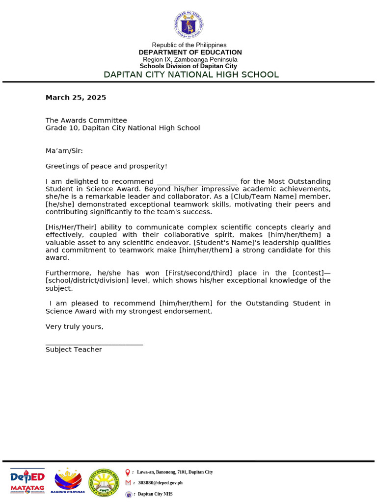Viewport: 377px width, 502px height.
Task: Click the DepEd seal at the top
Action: point(188,25)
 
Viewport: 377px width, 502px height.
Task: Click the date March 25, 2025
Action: point(76,98)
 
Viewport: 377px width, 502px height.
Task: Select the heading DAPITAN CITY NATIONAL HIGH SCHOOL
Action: point(191,75)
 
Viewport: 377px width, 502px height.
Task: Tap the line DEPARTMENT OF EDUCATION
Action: point(190,52)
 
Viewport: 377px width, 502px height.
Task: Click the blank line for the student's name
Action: point(197,182)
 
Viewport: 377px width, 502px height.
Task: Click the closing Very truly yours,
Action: point(75,327)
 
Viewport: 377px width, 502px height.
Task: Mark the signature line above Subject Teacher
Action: point(94,344)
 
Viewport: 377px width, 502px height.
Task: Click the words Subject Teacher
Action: point(74,350)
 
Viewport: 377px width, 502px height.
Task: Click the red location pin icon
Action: point(128,472)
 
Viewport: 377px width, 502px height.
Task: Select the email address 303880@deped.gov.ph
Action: point(160,483)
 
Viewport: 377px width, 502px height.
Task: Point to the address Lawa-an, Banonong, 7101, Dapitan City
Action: point(175,472)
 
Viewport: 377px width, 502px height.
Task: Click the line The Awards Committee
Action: point(86,121)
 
